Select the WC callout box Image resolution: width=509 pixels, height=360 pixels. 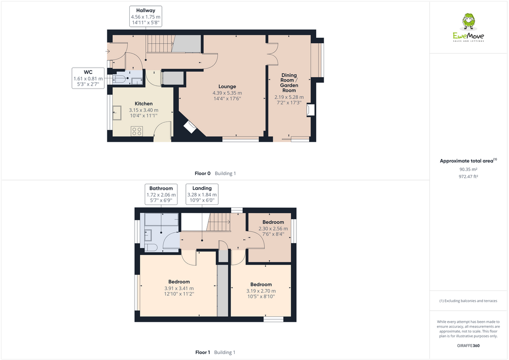pos(88,78)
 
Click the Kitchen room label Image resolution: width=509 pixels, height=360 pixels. pos(143,104)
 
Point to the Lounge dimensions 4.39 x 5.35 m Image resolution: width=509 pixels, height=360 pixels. pos(227,93)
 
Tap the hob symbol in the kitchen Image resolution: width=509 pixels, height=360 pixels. pos(137,131)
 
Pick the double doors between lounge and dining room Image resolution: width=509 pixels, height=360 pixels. pos(271,54)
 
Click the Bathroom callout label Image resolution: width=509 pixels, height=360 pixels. pos(161,188)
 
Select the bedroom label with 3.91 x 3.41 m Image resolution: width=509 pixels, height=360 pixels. pos(178,282)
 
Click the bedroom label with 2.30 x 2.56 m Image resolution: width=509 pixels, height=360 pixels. pos(273,222)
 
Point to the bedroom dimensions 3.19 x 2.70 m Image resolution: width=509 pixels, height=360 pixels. pos(260,291)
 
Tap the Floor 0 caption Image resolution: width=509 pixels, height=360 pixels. pos(215,174)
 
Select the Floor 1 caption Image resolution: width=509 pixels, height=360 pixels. pos(215,353)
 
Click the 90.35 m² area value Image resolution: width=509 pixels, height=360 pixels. pos(468,170)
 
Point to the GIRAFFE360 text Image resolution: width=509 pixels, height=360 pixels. pos(468,346)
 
